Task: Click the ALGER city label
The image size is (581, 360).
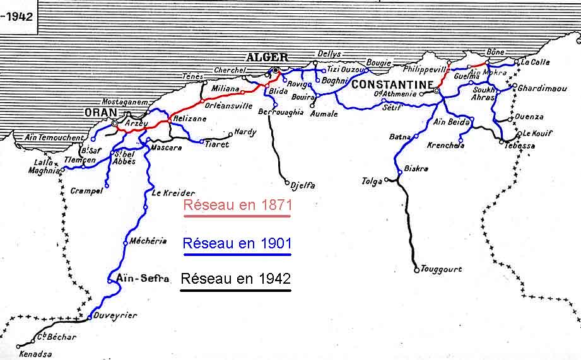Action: [267, 57]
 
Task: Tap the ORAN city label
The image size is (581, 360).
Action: [101, 112]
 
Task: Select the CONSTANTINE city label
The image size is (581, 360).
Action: [392, 84]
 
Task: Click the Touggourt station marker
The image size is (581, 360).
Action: [416, 270]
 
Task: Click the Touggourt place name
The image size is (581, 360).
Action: [442, 269]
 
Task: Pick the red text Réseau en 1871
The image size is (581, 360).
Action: [237, 205]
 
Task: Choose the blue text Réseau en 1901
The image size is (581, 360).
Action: [237, 243]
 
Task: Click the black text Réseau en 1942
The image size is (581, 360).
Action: [236, 278]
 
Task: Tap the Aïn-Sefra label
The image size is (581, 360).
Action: [143, 279]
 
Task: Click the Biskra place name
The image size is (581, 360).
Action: [417, 168]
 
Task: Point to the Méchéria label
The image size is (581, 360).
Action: [148, 241]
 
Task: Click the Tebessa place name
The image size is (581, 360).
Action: [520, 146]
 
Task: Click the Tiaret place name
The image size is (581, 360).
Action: [217, 144]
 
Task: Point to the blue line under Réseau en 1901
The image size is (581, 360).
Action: [237, 255]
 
